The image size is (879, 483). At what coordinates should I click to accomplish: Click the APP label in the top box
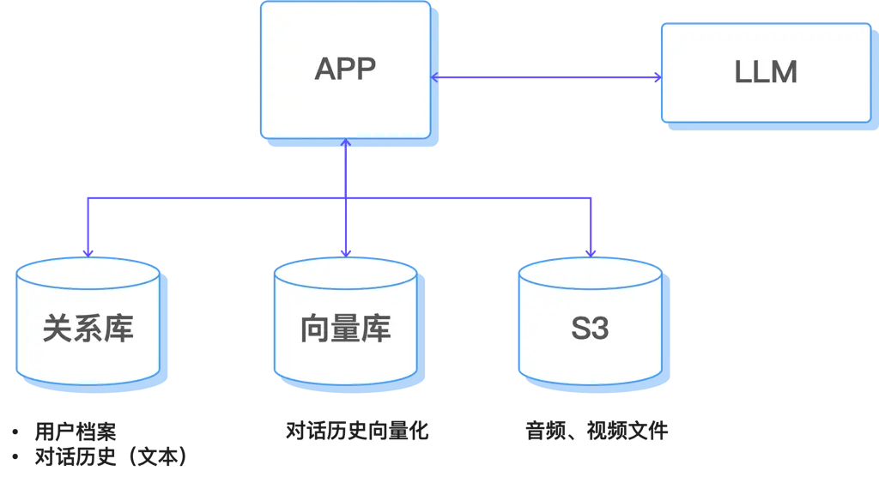[x=345, y=69]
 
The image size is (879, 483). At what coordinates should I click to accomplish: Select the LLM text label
[x=766, y=72]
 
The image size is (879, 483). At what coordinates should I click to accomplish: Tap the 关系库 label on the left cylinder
[x=88, y=329]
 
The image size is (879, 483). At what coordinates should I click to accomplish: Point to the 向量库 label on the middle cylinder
[x=345, y=329]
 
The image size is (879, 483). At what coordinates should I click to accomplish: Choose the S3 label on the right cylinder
[x=590, y=329]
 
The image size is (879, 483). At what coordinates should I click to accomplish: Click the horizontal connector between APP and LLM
[x=546, y=78]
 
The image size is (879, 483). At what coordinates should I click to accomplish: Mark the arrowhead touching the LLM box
[x=657, y=78]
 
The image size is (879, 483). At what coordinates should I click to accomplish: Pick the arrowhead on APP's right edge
[x=435, y=78]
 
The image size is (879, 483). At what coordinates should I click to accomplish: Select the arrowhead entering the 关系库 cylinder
[x=88, y=251]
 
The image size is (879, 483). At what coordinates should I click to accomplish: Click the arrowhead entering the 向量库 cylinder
[x=345, y=251]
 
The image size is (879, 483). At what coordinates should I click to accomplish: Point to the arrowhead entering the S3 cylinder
[x=590, y=251]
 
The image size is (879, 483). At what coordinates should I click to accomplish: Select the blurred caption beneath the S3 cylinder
[x=597, y=432]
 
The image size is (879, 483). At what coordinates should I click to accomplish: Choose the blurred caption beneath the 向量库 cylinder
[x=356, y=432]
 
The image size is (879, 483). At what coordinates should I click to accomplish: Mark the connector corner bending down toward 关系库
[x=88, y=202]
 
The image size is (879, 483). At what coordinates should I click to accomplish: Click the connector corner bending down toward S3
[x=590, y=202]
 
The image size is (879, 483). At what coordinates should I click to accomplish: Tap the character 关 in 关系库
[x=58, y=329]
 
